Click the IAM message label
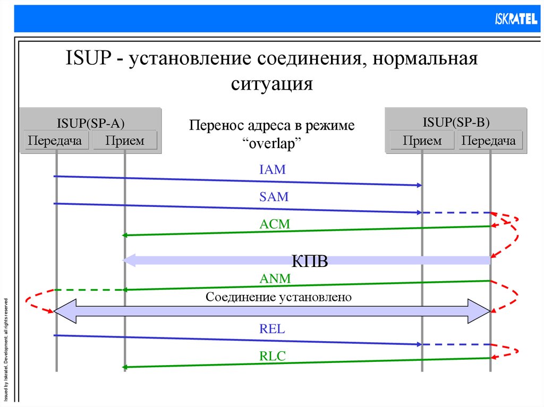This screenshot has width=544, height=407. (273, 170)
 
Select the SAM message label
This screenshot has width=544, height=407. (274, 197)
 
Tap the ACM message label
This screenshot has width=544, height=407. (275, 224)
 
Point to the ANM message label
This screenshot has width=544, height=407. (274, 278)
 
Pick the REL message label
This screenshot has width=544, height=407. (273, 329)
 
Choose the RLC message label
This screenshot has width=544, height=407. (273, 356)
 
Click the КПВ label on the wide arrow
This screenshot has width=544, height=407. (310, 262)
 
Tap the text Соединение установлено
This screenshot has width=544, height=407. (279, 297)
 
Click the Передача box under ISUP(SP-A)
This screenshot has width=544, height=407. (55, 141)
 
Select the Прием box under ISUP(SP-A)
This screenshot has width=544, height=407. (125, 141)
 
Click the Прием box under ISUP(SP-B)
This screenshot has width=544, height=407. (422, 141)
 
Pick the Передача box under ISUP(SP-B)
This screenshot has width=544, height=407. (489, 141)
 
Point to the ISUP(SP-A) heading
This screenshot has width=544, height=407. (91, 124)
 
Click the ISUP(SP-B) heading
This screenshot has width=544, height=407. (456, 123)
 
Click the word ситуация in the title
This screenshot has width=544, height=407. (271, 83)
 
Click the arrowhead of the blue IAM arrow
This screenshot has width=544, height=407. (419, 185)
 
